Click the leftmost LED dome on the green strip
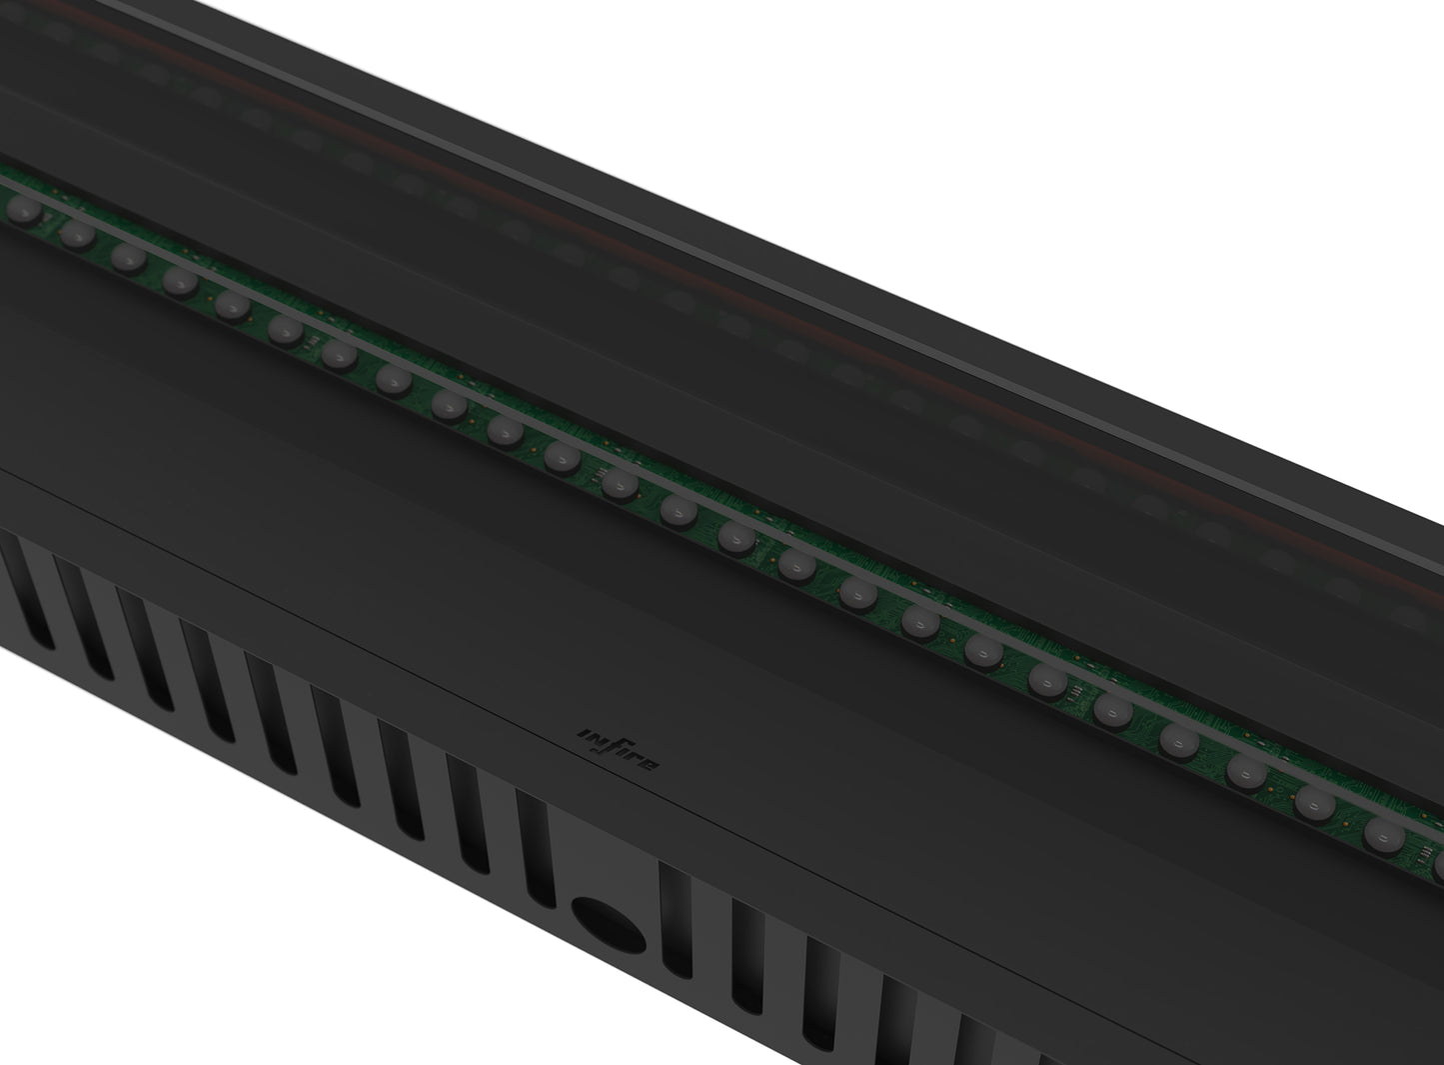(x=21, y=211)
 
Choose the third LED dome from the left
(x=127, y=257)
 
